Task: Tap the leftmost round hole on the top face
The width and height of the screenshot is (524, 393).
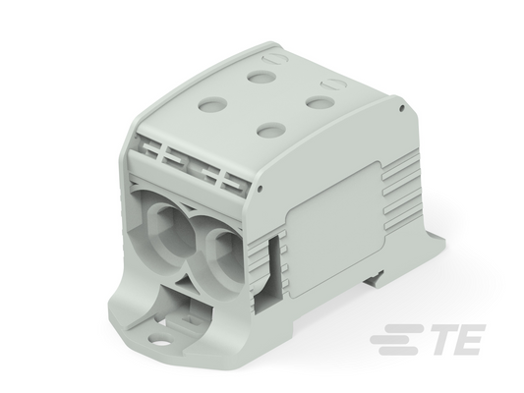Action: pos(213,103)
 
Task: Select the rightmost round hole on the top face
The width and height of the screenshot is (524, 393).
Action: pos(320,103)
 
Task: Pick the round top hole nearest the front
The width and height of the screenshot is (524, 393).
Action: pos(271,130)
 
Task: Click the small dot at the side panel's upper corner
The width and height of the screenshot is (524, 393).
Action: pos(402,108)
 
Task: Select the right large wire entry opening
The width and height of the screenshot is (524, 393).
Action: pos(225,256)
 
